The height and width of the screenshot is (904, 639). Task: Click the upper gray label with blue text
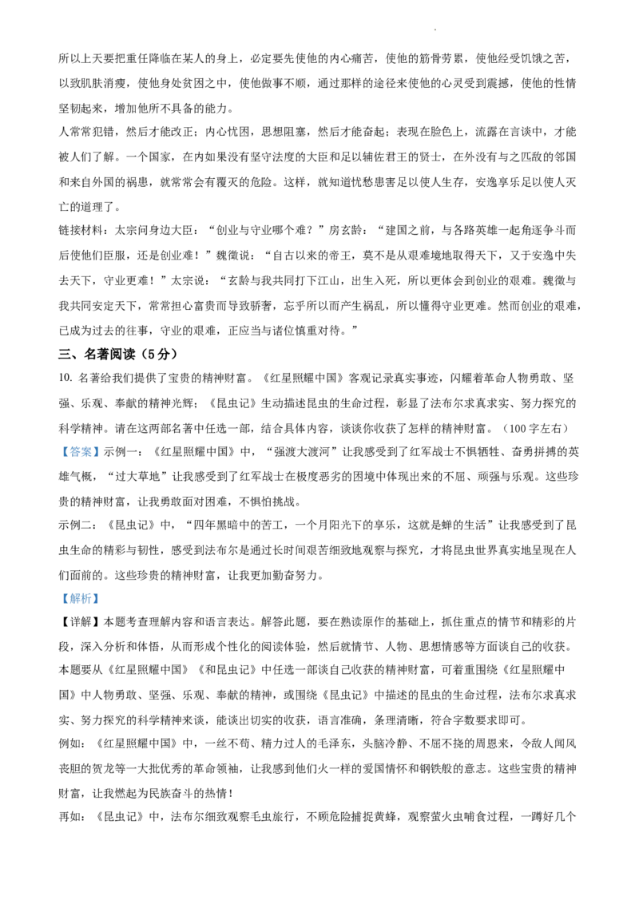click(80, 451)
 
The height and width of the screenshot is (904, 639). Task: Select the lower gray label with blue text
click(80, 597)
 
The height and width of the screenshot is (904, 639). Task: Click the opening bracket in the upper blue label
click(65, 452)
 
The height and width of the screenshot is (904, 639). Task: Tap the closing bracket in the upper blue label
click(96, 452)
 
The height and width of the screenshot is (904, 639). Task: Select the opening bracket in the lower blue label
click(65, 598)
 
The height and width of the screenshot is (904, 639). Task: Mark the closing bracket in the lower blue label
click(96, 598)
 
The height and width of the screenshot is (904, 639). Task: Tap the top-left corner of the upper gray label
click(58, 442)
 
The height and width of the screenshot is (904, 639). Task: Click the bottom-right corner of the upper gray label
click(101, 459)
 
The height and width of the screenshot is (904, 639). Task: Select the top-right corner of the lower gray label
click(101, 589)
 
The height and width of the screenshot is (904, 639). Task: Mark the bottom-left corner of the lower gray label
click(58, 605)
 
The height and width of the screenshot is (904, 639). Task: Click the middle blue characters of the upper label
click(80, 452)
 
